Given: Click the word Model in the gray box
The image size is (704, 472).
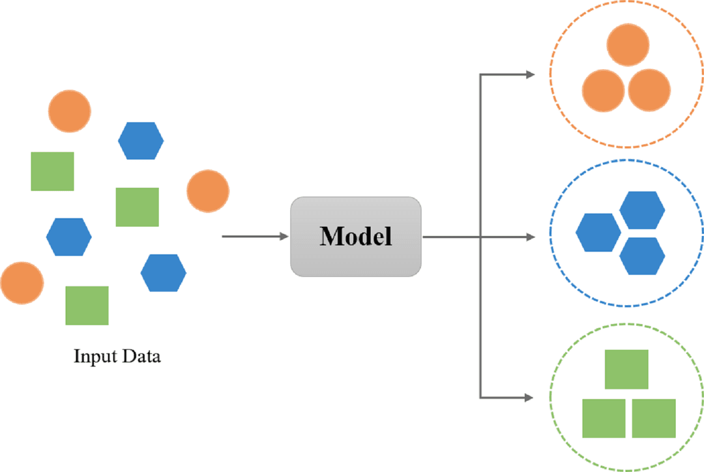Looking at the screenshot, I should pyautogui.click(x=356, y=235).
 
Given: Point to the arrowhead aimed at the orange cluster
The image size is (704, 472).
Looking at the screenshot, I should pyautogui.click(x=530, y=74).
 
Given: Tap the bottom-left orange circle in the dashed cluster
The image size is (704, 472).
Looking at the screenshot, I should pyautogui.click(x=603, y=90).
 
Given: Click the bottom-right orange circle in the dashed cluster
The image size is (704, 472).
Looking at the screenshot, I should pyautogui.click(x=649, y=90).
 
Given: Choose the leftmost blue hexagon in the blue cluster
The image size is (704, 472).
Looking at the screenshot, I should pyautogui.click(x=598, y=233).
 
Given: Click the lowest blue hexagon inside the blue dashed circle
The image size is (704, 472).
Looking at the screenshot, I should pyautogui.click(x=642, y=256).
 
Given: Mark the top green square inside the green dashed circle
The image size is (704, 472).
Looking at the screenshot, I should pyautogui.click(x=626, y=369).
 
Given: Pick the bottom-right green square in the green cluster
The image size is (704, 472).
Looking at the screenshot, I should pyautogui.click(x=654, y=418).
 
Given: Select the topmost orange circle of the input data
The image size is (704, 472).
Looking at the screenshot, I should pyautogui.click(x=70, y=110).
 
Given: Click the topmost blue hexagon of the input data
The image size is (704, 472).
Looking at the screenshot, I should pyautogui.click(x=141, y=140).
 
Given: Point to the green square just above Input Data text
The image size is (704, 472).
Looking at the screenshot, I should pyautogui.click(x=87, y=305).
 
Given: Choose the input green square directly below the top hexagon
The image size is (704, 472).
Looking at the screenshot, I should pyautogui.click(x=137, y=207).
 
